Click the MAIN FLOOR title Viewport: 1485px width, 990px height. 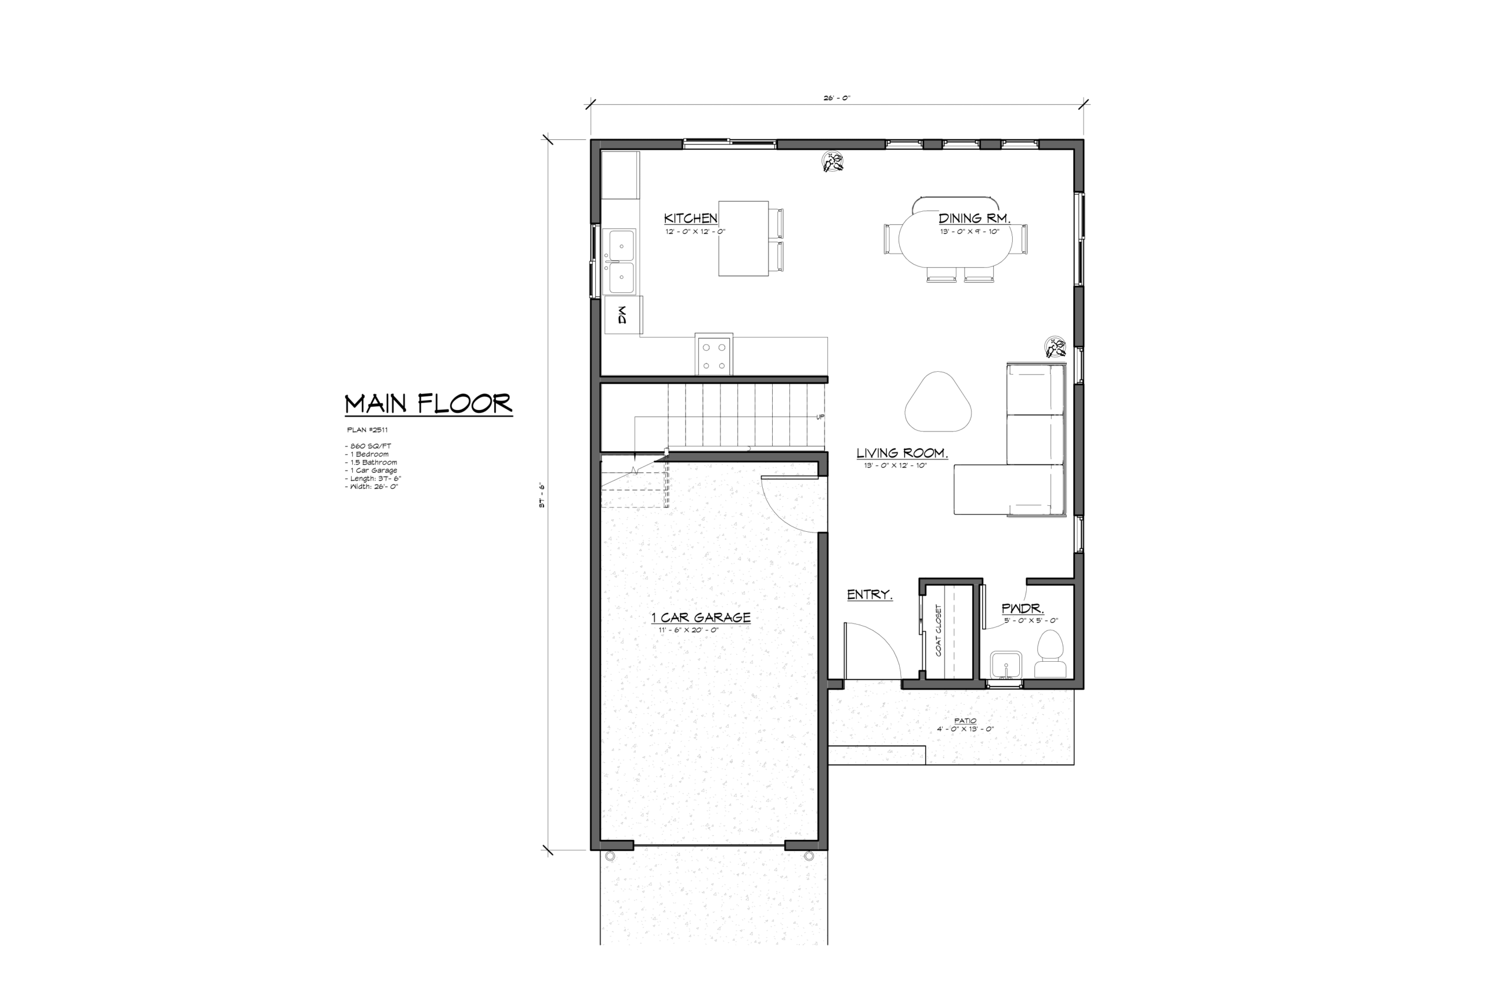(x=428, y=404)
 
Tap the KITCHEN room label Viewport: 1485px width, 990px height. (x=691, y=219)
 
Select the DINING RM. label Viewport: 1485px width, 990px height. (x=974, y=219)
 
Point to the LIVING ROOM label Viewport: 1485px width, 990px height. (x=902, y=453)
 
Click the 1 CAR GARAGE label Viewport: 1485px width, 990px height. (x=701, y=617)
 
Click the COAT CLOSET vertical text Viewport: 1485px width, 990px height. (x=938, y=630)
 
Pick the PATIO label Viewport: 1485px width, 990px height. (x=965, y=720)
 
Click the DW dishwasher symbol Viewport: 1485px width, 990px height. (x=622, y=315)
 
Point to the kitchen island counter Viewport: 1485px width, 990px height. (x=743, y=239)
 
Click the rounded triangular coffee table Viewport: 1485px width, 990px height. (x=938, y=402)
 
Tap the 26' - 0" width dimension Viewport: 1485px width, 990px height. (x=836, y=98)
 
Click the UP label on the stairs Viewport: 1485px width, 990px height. (x=820, y=417)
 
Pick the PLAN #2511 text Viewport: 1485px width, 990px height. (x=367, y=430)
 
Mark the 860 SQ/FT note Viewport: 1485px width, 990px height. (x=368, y=446)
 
